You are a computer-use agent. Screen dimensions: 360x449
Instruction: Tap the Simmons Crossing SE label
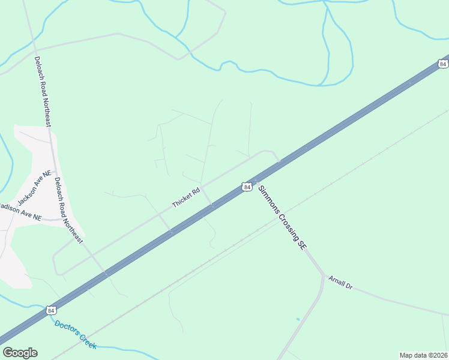(280, 217)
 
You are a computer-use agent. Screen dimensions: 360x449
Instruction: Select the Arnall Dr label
(340, 283)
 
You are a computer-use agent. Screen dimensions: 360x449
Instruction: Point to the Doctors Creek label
(75, 334)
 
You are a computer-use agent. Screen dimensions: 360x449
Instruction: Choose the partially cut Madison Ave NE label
(20, 212)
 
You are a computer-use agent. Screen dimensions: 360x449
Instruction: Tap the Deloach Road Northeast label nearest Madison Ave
(67, 209)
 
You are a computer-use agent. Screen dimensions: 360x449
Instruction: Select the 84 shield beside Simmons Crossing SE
(246, 187)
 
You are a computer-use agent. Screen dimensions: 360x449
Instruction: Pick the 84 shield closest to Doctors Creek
(51, 310)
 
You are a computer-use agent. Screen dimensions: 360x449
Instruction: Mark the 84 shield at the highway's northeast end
(443, 64)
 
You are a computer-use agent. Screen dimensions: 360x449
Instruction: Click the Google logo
(20, 353)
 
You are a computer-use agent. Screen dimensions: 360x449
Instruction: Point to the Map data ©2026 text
(423, 355)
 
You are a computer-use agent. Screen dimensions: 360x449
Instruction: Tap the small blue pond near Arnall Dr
(298, 319)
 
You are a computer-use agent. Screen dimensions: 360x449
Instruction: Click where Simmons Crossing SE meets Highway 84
(256, 180)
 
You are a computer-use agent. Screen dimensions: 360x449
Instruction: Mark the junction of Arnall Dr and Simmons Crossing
(324, 275)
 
